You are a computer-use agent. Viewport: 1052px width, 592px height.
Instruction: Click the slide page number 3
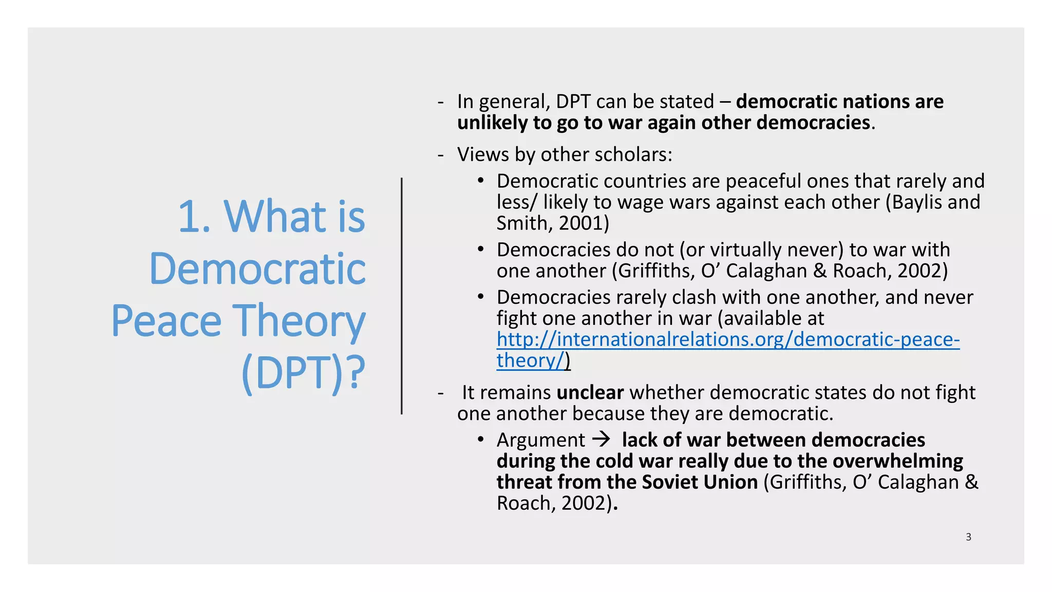tap(968, 537)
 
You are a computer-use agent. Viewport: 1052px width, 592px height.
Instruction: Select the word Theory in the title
tap(299, 321)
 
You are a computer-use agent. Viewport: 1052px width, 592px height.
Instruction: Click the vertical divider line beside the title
tap(402, 296)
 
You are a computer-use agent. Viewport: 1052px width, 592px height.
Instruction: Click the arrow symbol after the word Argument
tap(601, 439)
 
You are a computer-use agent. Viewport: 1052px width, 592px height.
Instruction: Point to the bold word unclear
tap(590, 393)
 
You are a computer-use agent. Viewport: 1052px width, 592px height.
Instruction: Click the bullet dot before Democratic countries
tap(480, 180)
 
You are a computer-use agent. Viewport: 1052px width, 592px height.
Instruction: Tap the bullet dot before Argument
tap(480, 439)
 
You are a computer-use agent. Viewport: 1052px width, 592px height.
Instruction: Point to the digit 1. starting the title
tap(194, 217)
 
